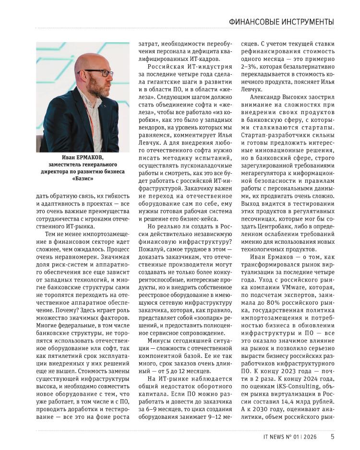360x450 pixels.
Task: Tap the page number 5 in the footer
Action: pos(333,437)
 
